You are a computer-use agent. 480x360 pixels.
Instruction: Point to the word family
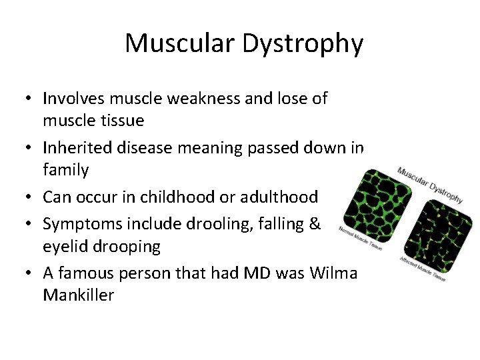coord(65,170)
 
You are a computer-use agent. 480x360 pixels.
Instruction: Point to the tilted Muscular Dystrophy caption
coord(430,183)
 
